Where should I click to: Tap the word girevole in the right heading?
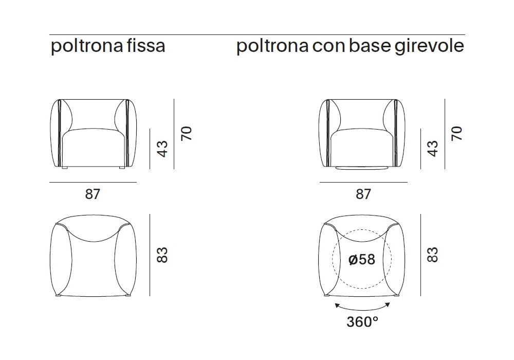429,46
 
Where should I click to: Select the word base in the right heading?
370,45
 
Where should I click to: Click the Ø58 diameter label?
362,259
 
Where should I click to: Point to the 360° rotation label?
362,321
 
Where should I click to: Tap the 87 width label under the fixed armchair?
93,194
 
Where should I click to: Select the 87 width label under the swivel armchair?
363,194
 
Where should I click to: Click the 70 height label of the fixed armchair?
187,133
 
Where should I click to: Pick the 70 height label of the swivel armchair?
456,133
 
